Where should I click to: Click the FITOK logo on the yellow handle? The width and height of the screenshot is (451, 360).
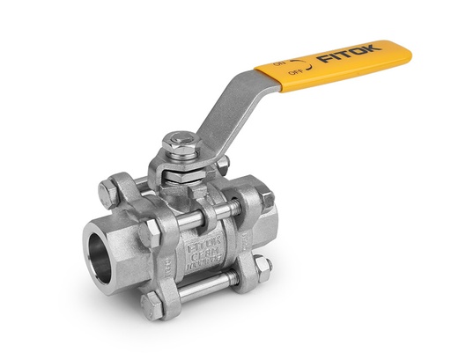[349, 55]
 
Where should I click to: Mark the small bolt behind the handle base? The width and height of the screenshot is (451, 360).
[222, 163]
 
